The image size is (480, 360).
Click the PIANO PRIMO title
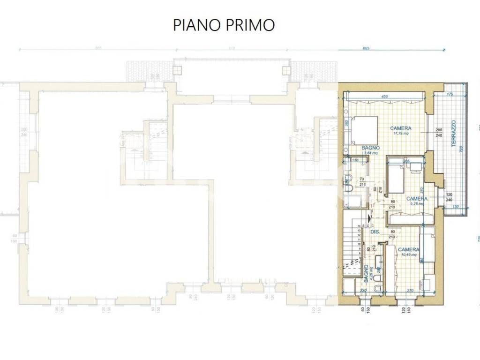coord(224,25)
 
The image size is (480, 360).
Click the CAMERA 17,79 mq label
coord(401,130)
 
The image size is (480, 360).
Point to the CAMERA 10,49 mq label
coord(408,252)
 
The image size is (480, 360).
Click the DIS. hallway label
coord(375,232)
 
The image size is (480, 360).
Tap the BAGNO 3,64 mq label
coord(370,150)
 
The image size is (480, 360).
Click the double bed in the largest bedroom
coord(364,130)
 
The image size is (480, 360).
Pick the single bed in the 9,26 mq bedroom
coord(396,177)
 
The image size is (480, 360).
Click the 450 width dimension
coord(384,97)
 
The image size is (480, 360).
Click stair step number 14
coord(359,226)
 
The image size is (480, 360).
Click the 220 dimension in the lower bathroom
coord(362,291)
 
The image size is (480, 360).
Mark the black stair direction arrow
coord(370,217)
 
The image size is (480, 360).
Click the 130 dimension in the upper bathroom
coord(355,160)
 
